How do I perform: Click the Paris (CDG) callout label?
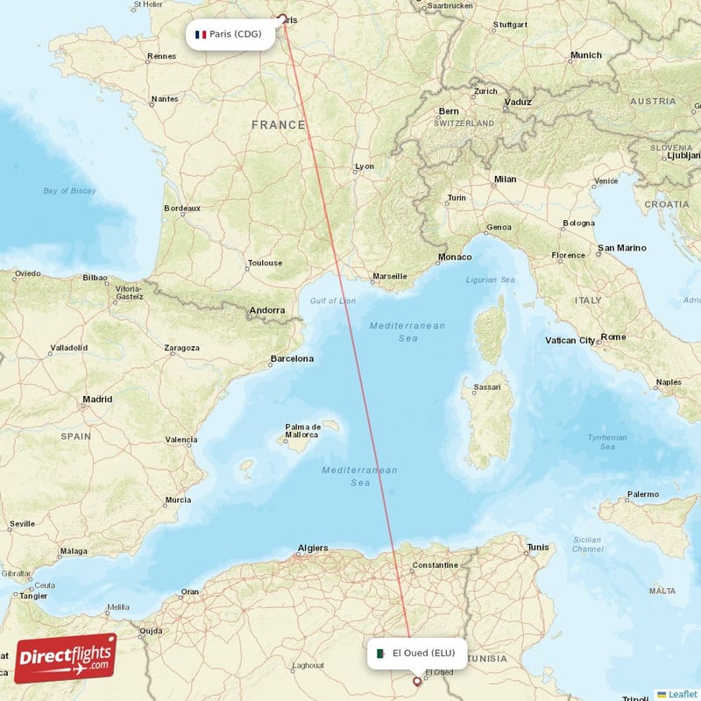[x=230, y=35]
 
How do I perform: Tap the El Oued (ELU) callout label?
[x=417, y=653]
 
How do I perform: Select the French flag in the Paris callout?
[x=201, y=35]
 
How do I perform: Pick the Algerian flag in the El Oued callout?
[x=381, y=653]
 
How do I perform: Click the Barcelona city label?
[x=291, y=358]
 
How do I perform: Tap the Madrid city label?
[x=96, y=400]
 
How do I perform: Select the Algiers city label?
[x=313, y=549]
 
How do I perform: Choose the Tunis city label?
[x=537, y=548]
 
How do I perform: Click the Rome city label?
[x=613, y=336]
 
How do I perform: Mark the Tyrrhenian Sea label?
[x=606, y=442]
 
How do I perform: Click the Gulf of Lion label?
[x=333, y=301]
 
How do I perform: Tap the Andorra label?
[x=266, y=310]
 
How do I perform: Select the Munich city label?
[x=585, y=55]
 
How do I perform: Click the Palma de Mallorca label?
[x=301, y=430]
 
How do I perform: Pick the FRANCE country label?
[x=279, y=125]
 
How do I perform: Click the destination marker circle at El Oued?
[x=417, y=680]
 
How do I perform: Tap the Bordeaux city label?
[x=182, y=209]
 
